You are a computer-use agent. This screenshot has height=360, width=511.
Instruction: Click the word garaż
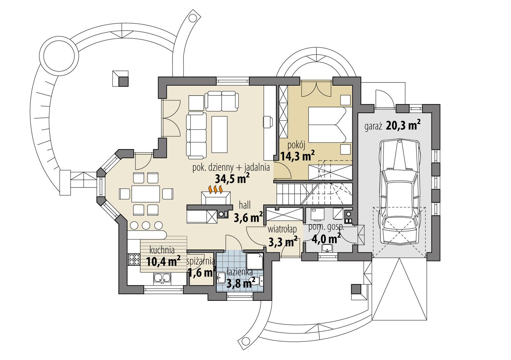tap(373, 127)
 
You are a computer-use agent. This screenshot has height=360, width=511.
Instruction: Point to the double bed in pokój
tap(328, 125)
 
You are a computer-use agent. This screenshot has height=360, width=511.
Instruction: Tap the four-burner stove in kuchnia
tap(134, 259)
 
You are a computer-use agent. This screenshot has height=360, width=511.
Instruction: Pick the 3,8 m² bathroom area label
tap(240, 282)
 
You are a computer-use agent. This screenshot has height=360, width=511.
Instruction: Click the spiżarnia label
tap(200, 261)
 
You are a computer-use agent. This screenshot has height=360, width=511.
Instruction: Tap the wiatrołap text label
tap(282, 229)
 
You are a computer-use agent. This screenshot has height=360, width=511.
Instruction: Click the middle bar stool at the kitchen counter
tap(146, 225)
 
